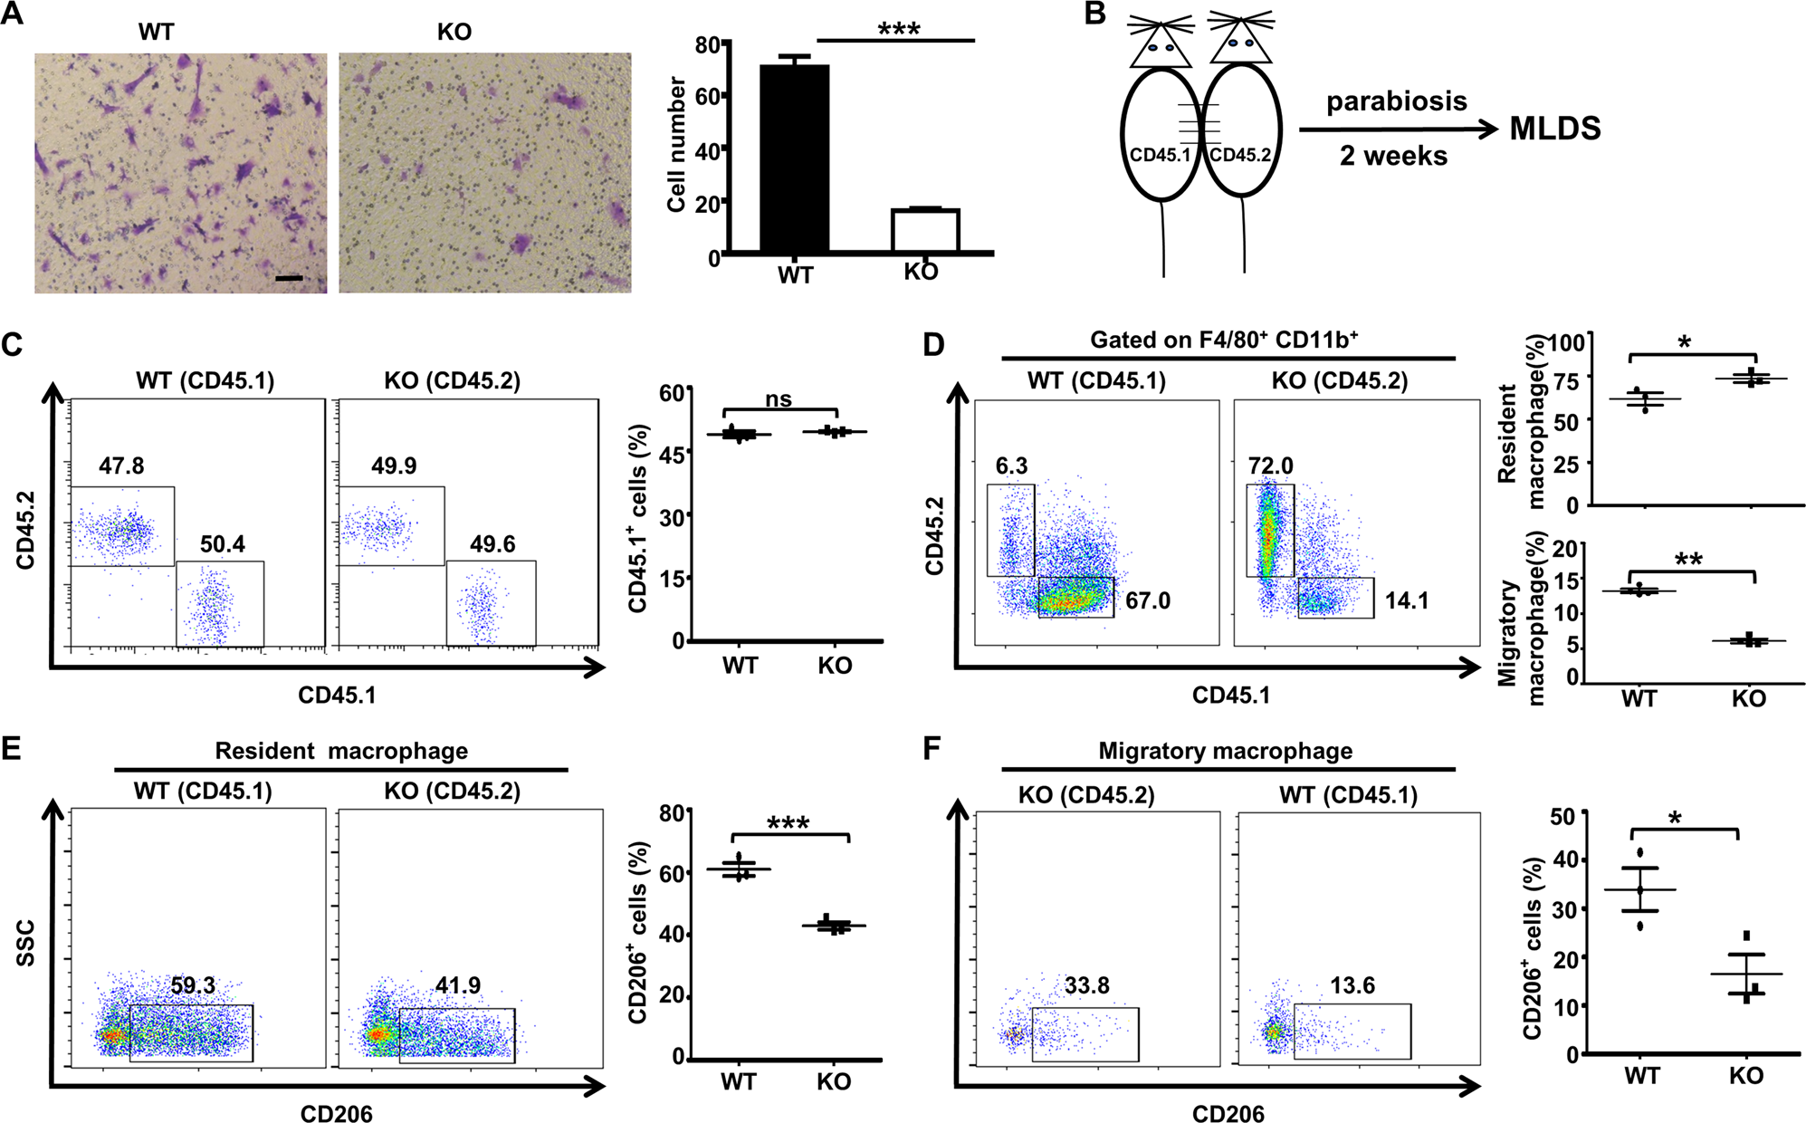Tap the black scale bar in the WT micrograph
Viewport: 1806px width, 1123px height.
(x=289, y=278)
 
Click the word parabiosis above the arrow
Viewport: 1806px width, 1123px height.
(x=1396, y=101)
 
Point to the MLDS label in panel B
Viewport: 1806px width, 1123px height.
(x=1554, y=129)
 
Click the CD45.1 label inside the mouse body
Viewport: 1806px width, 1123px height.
(x=1160, y=155)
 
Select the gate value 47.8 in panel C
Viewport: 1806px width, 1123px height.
(x=121, y=466)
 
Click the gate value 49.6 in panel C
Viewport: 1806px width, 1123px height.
(x=492, y=544)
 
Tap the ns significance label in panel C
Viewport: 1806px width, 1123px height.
(x=779, y=399)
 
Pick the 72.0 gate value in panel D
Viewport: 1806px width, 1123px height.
(x=1270, y=466)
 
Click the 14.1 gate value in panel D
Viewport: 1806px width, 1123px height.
(x=1406, y=600)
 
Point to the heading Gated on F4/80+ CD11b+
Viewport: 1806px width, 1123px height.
(x=1224, y=340)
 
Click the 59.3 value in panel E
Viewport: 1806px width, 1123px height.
(x=193, y=985)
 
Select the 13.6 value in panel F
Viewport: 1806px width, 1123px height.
(x=1352, y=985)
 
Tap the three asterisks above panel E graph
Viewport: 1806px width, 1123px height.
(x=788, y=823)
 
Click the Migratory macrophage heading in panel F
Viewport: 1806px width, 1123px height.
(x=1225, y=751)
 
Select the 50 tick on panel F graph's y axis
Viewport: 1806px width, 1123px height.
(x=1563, y=817)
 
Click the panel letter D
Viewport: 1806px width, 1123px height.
(x=932, y=345)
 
